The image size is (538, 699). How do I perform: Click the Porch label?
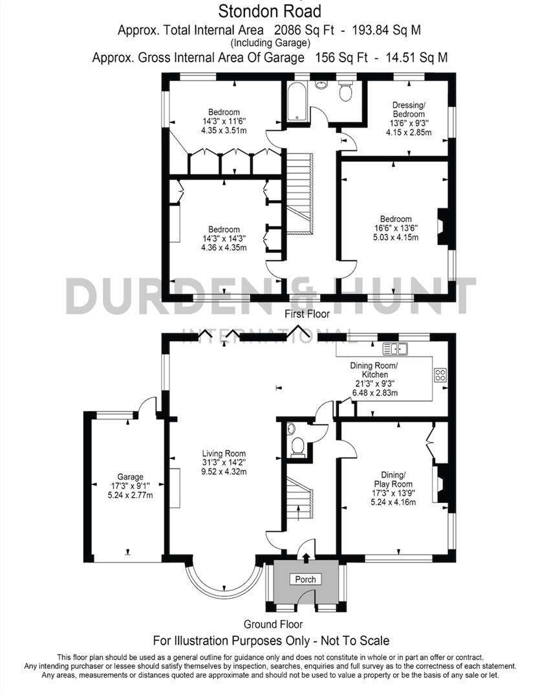pyautogui.click(x=305, y=579)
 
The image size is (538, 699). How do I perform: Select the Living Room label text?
pyautogui.click(x=224, y=453)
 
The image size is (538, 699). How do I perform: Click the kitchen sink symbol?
pyautogui.click(x=394, y=349)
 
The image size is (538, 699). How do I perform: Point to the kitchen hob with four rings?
pyautogui.click(x=440, y=375)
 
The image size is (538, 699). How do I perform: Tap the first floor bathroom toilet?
pyautogui.click(x=345, y=92)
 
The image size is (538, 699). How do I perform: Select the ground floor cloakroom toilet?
pyautogui.click(x=298, y=447)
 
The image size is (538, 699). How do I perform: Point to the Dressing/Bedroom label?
pyautogui.click(x=410, y=109)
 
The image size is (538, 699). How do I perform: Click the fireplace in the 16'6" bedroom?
pyautogui.click(x=443, y=227)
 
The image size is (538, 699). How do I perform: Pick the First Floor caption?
pyautogui.click(x=307, y=314)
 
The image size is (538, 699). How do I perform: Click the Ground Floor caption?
pyautogui.click(x=273, y=625)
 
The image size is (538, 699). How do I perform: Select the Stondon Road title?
pyautogui.click(x=269, y=11)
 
